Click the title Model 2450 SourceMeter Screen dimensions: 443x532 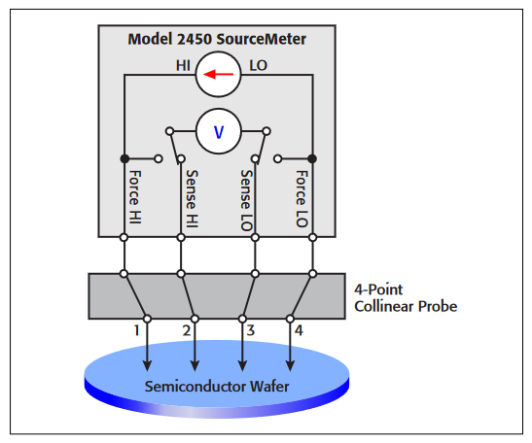click(217, 40)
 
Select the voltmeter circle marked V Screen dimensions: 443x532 click(217, 130)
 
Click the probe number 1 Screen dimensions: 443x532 click(137, 331)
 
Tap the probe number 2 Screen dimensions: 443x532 click(186, 331)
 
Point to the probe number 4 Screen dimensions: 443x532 click(299, 331)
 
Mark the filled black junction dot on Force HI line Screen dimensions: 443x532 click(124, 157)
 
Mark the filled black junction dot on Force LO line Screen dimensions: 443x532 click(312, 157)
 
